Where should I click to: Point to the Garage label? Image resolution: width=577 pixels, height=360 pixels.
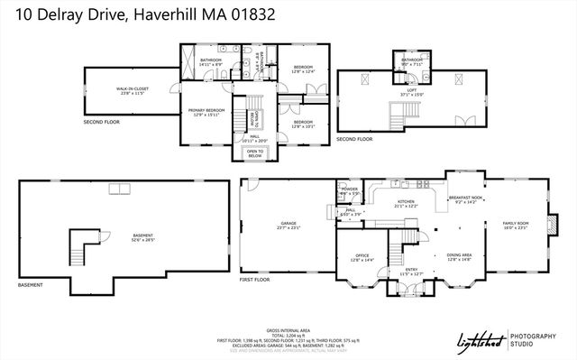coord(288,224)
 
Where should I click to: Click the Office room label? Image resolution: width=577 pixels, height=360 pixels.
coord(362,256)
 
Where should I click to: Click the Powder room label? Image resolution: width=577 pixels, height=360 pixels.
coord(350,190)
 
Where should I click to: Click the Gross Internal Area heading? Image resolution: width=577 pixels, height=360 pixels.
coord(288,330)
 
